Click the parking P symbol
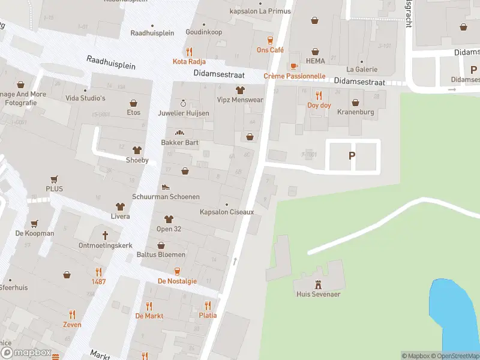point(352,155)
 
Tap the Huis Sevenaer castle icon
point(318,283)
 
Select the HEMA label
point(315,61)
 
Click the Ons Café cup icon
point(270,40)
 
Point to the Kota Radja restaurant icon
point(190,52)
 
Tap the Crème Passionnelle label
point(294,76)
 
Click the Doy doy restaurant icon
point(319,95)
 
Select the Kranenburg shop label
point(355,112)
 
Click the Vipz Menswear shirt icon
point(240,91)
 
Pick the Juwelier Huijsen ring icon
point(183,103)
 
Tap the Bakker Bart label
point(179,143)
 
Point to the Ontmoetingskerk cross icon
point(105,235)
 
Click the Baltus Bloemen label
point(161,254)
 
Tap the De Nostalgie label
point(177,281)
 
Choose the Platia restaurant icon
point(208,305)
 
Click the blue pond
point(452,315)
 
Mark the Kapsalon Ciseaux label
point(227,212)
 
